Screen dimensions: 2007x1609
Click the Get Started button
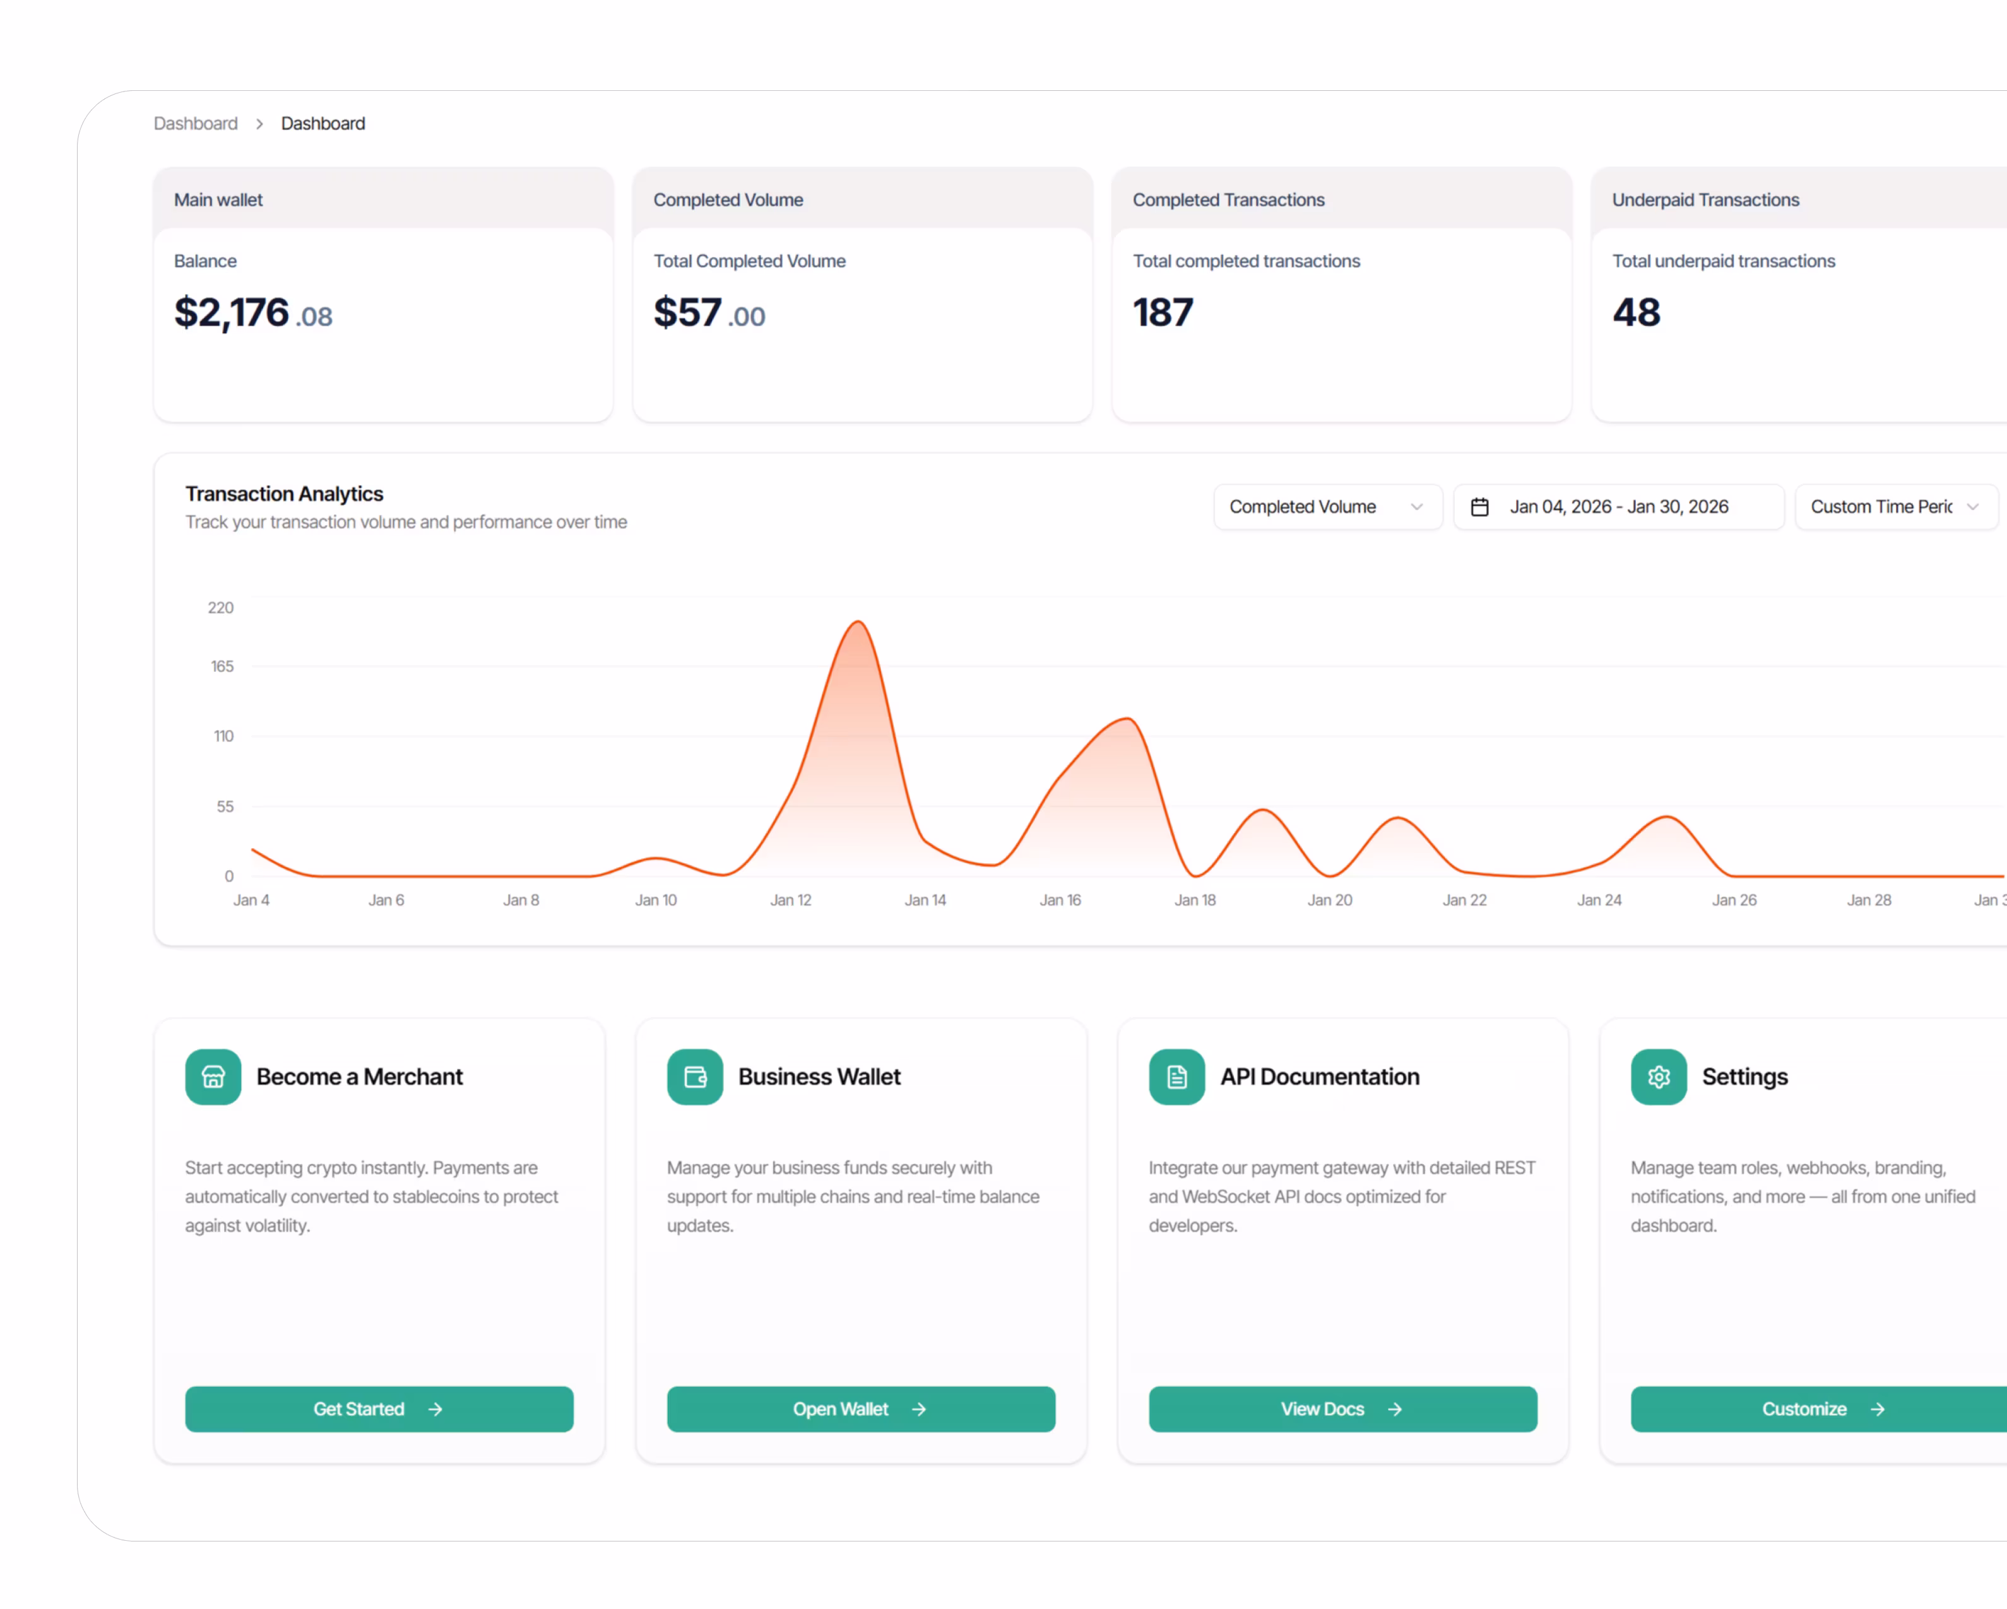click(379, 1409)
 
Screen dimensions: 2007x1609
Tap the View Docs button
click(1342, 1409)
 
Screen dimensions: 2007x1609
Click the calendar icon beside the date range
click(1479, 507)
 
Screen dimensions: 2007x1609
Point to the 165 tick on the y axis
click(223, 666)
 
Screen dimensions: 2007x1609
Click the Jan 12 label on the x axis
click(790, 900)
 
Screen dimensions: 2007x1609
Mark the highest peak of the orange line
click(857, 622)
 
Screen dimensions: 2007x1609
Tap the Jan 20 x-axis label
click(1329, 900)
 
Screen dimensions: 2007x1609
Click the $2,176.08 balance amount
click(253, 314)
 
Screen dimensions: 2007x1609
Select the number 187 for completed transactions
click(1163, 313)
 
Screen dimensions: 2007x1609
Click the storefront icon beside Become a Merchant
click(213, 1076)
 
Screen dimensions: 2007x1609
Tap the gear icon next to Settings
click(1659, 1076)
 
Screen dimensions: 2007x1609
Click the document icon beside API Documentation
click(1176, 1076)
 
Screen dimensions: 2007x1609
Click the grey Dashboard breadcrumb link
click(196, 124)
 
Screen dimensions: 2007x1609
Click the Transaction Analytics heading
click(284, 494)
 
